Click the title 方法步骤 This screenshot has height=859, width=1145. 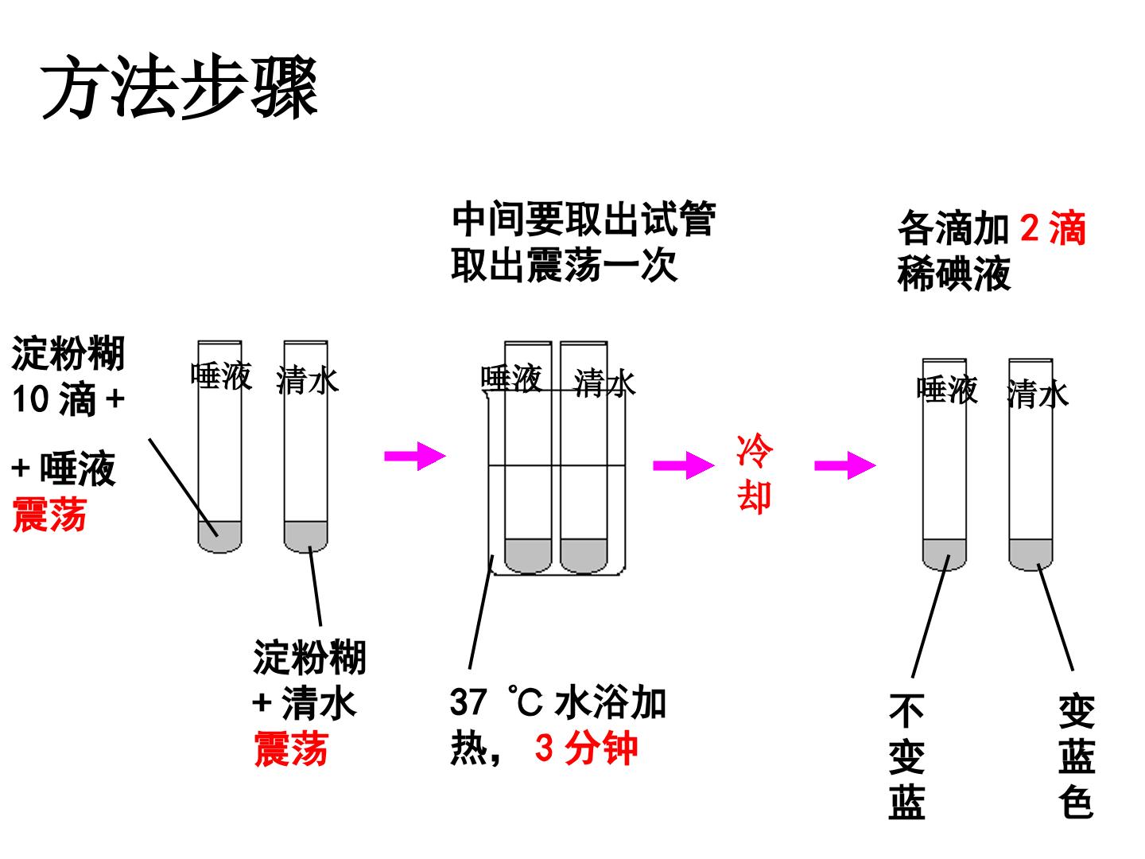click(x=179, y=86)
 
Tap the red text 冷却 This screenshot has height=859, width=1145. click(x=754, y=473)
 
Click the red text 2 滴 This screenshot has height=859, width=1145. click(x=1052, y=228)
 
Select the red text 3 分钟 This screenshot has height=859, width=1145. click(x=586, y=748)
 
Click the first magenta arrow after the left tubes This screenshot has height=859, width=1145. click(x=415, y=457)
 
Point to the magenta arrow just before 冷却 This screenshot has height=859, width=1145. click(x=683, y=465)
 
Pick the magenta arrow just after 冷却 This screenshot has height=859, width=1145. click(x=845, y=465)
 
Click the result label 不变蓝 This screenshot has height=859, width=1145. click(x=906, y=756)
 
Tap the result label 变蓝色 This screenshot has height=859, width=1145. click(x=1076, y=756)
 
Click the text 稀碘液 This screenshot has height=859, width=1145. click(x=953, y=273)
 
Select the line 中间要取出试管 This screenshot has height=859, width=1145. click(x=584, y=219)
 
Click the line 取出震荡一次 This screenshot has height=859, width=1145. click(x=565, y=265)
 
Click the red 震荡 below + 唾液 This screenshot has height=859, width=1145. click(x=49, y=514)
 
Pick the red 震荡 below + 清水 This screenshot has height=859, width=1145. click(x=291, y=748)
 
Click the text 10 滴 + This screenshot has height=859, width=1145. click(x=68, y=398)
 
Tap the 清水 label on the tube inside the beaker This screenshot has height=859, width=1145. click(x=604, y=383)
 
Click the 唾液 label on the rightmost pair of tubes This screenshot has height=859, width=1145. click(x=947, y=389)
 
